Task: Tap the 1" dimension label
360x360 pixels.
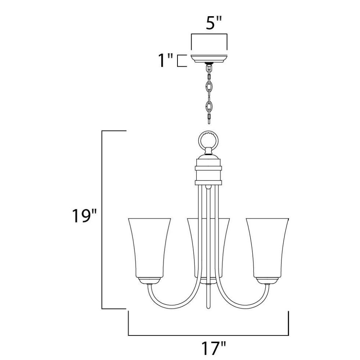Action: click(166, 60)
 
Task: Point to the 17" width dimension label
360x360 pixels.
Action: click(214, 349)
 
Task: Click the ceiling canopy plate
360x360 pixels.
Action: click(209, 59)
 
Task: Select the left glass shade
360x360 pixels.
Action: click(149, 248)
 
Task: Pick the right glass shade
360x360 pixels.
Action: click(267, 248)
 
